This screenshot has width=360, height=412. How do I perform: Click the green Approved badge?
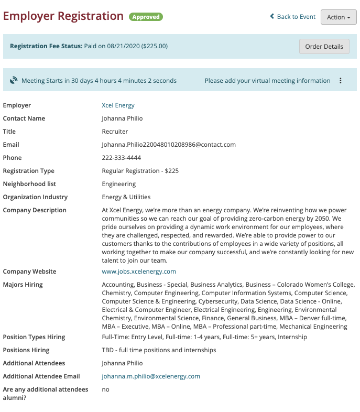tap(146, 17)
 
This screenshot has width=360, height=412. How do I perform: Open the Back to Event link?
tap(293, 17)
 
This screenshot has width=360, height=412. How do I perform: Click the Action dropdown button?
tap(339, 17)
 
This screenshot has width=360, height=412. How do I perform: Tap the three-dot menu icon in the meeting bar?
tap(341, 81)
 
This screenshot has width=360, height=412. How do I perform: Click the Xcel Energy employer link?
tap(118, 105)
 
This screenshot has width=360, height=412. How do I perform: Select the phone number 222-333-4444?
tap(121, 158)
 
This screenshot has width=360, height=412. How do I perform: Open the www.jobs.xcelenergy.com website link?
tap(139, 272)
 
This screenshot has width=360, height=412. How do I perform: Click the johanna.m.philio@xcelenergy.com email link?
tap(151, 376)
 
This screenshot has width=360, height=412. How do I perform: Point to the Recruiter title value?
tap(115, 132)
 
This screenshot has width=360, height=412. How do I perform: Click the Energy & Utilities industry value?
tap(126, 197)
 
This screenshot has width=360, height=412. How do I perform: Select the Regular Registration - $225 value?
tap(138, 171)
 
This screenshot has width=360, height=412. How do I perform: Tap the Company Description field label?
tap(35, 210)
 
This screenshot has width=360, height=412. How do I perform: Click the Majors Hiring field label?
tap(23, 285)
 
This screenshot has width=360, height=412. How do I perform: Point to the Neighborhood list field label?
tap(29, 184)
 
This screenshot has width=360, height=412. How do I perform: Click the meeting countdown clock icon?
tap(14, 81)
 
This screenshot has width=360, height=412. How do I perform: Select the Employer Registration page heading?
tap(63, 16)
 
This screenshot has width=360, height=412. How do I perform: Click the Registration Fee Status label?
tap(46, 46)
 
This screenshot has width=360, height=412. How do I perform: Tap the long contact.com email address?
tap(169, 145)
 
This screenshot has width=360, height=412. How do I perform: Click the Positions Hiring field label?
tap(26, 350)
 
